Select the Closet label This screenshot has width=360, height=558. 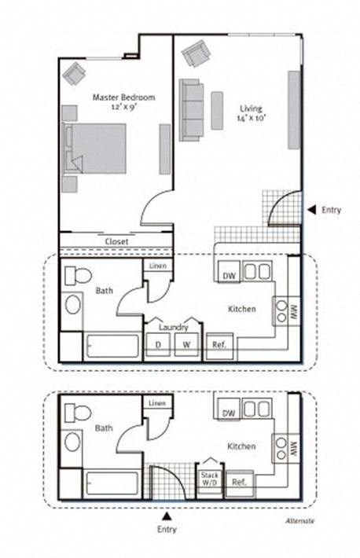(x=116, y=241)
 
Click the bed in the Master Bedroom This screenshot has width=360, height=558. (x=95, y=149)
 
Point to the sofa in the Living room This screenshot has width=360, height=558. (x=191, y=109)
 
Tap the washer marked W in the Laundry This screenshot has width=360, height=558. (x=186, y=344)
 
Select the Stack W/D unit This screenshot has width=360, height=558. (x=210, y=479)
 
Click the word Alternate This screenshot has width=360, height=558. (x=299, y=521)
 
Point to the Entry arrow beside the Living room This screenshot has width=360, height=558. (x=311, y=210)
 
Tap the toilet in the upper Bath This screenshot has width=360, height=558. (x=77, y=275)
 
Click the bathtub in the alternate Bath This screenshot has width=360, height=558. (x=111, y=483)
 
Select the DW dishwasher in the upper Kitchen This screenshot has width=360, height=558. (x=229, y=276)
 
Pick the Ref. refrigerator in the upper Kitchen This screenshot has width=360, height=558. (x=218, y=345)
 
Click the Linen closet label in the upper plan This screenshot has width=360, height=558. (x=156, y=266)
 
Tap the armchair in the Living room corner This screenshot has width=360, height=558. (x=194, y=54)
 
